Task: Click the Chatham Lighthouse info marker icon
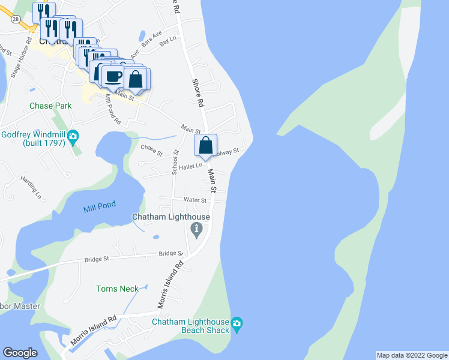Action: click(196, 229)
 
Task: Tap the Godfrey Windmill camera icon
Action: click(73, 137)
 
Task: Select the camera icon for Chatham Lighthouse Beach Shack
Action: click(237, 324)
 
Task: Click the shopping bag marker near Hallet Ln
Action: click(205, 145)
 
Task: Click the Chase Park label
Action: click(50, 106)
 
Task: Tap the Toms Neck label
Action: click(117, 289)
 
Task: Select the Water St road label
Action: click(196, 200)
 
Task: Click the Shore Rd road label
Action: click(197, 93)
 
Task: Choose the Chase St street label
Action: click(151, 149)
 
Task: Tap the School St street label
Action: click(175, 162)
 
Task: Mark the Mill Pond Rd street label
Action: click(112, 109)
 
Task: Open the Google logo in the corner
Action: click(20, 353)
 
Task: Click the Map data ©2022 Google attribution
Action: click(412, 355)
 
